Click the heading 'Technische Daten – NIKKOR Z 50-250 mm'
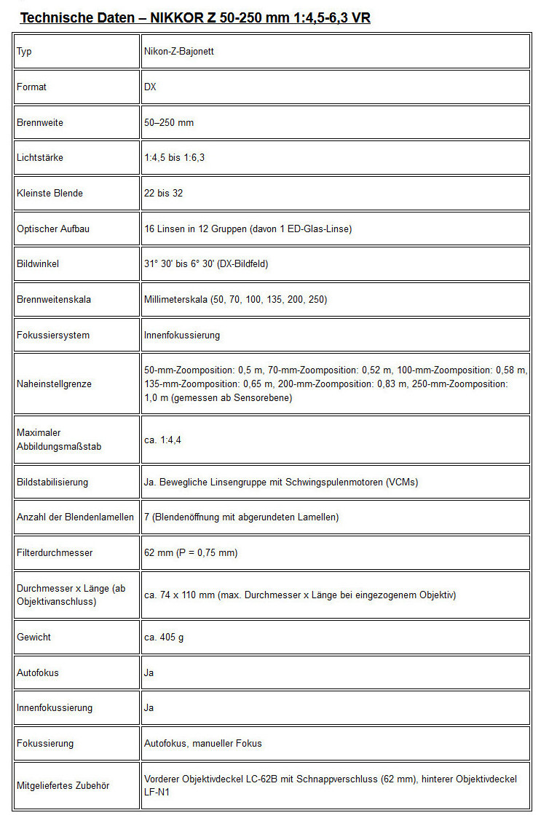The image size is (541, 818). tap(195, 17)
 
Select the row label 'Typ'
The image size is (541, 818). tap(24, 52)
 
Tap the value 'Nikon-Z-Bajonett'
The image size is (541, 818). tap(178, 52)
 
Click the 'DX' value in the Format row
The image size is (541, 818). tap(150, 87)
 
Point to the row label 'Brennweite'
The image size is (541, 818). tap(40, 123)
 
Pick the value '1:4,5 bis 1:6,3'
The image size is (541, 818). tap(174, 158)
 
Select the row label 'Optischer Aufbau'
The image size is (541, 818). tap(53, 229)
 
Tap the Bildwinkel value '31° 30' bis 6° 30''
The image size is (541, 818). tap(206, 264)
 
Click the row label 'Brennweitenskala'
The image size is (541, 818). tap(54, 299)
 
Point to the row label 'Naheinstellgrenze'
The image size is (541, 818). tap(54, 384)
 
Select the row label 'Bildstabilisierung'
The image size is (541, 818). tap(52, 483)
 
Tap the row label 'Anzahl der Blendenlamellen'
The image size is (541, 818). tap(75, 517)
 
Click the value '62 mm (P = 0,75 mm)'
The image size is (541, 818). tap(191, 553)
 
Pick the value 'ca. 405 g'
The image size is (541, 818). tap(164, 638)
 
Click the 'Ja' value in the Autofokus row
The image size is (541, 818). tap(149, 673)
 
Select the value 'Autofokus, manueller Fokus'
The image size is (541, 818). tap(203, 744)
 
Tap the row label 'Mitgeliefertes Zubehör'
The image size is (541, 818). tap(63, 786)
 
